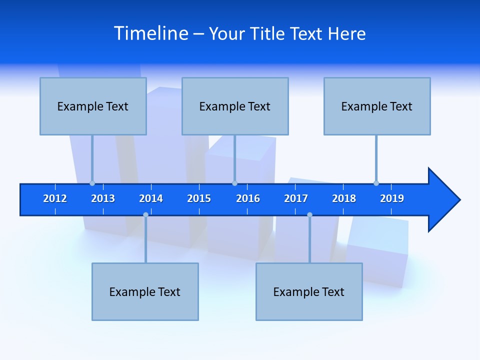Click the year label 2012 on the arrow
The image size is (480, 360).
[x=55, y=198]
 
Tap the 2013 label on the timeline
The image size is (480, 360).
[x=103, y=198]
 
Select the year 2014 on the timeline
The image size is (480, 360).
[x=151, y=198]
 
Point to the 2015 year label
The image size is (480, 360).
[x=199, y=198]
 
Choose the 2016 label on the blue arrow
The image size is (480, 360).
[x=248, y=198]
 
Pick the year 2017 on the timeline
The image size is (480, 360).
[x=296, y=198]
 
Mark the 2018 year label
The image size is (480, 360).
[x=344, y=198]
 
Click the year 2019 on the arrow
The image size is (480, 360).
[x=392, y=198]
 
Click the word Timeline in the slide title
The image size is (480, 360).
[x=151, y=33]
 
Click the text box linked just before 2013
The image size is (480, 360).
[x=93, y=106]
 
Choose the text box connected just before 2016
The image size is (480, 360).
[x=235, y=106]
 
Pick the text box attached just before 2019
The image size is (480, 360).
[x=377, y=106]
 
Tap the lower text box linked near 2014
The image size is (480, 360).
[x=145, y=291]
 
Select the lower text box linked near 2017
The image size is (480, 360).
[x=309, y=291]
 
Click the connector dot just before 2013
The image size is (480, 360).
[x=92, y=183]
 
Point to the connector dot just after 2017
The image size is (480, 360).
[x=309, y=215]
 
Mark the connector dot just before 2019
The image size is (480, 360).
[x=376, y=183]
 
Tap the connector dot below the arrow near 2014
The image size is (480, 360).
[x=145, y=215]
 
